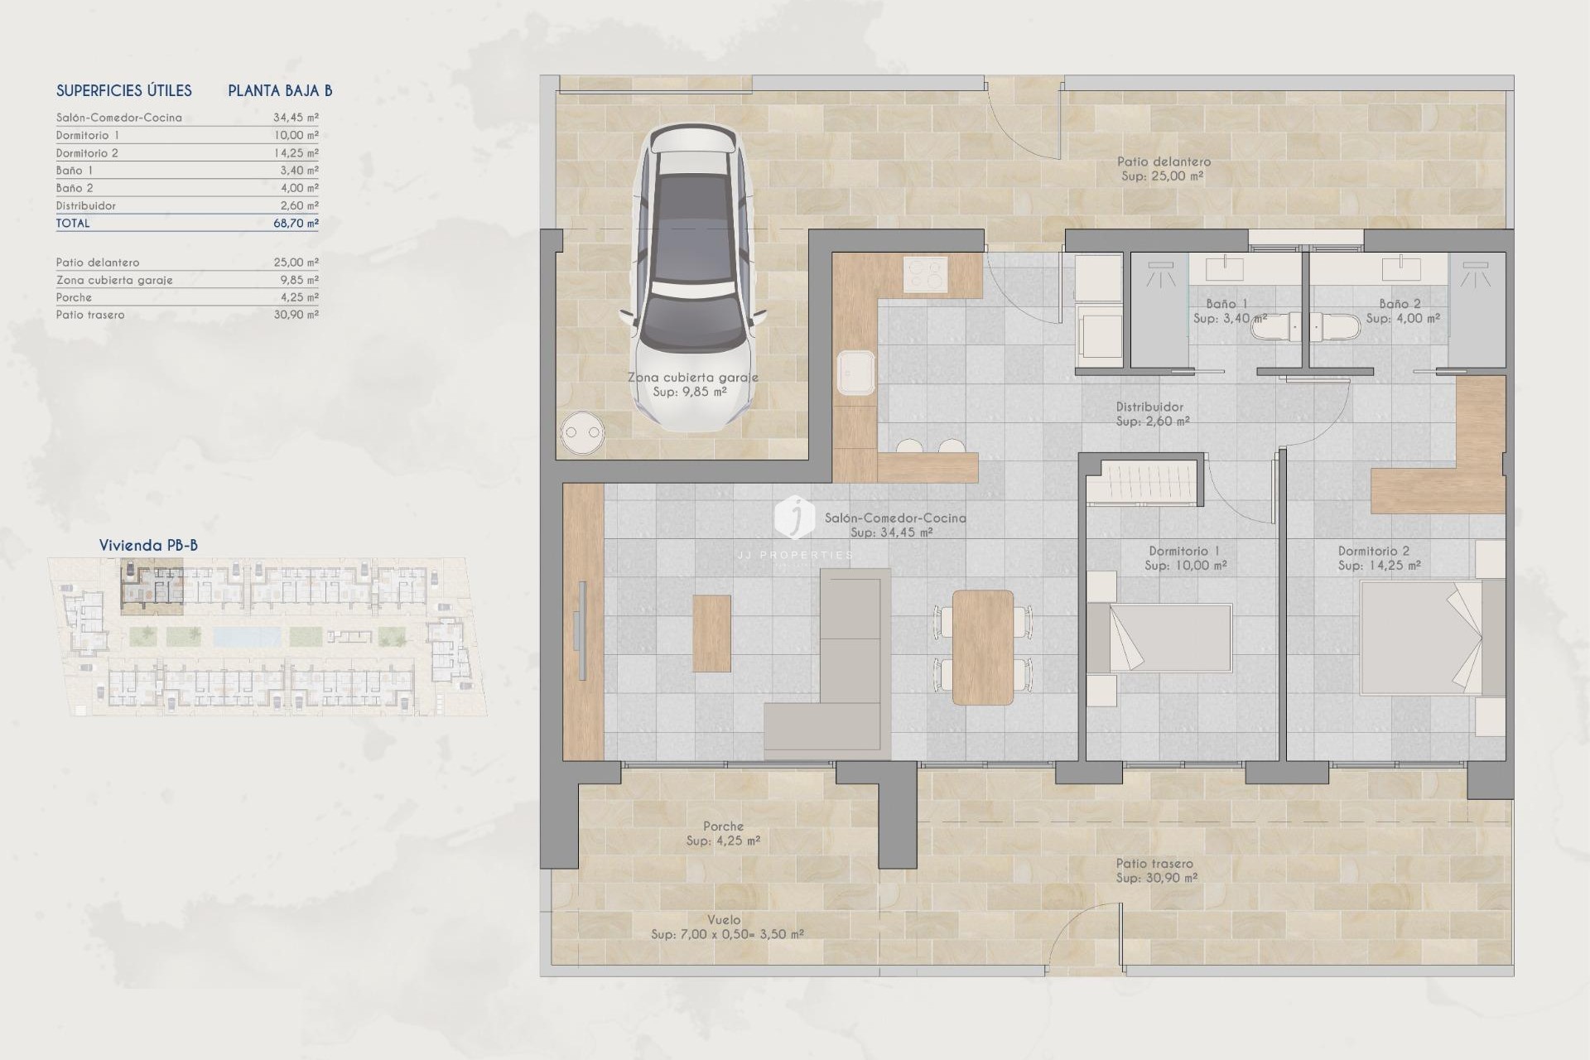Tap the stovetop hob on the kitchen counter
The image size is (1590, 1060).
pyautogui.click(x=925, y=275)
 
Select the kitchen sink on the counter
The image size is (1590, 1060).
pyautogui.click(x=856, y=373)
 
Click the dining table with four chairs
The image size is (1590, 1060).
pyautogui.click(x=983, y=647)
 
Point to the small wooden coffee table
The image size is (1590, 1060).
pyautogui.click(x=711, y=633)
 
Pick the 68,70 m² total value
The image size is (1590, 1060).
pyautogui.click(x=296, y=224)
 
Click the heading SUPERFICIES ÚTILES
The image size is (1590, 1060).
pyautogui.click(x=124, y=91)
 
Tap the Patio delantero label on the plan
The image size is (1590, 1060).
pyautogui.click(x=1163, y=162)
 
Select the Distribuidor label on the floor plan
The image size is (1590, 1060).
pyautogui.click(x=1149, y=407)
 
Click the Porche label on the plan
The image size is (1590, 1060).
pyautogui.click(x=723, y=826)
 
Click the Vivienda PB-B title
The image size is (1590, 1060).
pyautogui.click(x=148, y=545)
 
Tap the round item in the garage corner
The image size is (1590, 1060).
pyautogui.click(x=581, y=432)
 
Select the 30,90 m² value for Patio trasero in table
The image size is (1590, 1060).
pyautogui.click(x=296, y=315)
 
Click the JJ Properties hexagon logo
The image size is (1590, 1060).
pyautogui.click(x=794, y=518)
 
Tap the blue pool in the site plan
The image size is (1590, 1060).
pyautogui.click(x=247, y=636)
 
